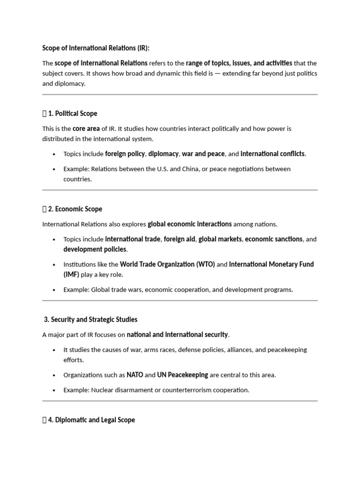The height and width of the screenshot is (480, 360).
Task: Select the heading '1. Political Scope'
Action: (x=72, y=113)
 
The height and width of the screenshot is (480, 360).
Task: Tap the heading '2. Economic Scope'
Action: (x=75, y=209)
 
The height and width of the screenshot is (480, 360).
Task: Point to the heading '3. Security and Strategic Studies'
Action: (x=90, y=320)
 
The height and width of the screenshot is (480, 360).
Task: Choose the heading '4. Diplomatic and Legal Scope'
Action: (x=91, y=420)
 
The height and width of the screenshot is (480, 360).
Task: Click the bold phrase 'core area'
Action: (x=86, y=128)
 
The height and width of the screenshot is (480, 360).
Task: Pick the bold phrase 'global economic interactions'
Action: (x=189, y=224)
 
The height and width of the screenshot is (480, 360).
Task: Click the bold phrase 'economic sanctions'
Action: (x=274, y=239)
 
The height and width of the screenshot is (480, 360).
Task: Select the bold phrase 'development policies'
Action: (x=95, y=249)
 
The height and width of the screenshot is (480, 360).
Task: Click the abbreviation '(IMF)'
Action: (x=71, y=275)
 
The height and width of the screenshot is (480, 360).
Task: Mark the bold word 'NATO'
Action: (x=135, y=375)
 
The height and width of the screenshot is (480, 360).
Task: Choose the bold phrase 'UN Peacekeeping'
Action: (x=183, y=375)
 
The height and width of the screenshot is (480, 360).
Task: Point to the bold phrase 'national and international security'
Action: (x=177, y=335)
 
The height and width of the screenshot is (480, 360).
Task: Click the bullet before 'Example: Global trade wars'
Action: (x=54, y=290)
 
